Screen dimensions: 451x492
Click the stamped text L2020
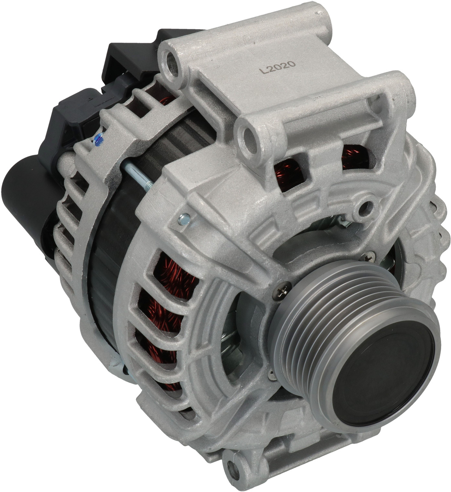[278, 68]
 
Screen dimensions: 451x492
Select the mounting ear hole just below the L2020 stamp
[250, 136]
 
